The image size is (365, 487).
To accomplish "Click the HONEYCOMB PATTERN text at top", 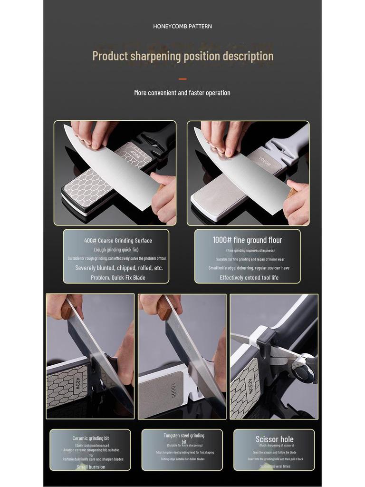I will coord(182,26).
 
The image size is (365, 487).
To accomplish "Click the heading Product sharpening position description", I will coord(182,56).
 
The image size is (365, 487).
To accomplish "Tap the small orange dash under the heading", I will coord(182,79).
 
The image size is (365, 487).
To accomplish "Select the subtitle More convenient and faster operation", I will coord(182,93).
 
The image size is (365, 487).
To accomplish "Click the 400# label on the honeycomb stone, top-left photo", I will coord(135,155).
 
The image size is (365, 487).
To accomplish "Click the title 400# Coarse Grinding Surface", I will coord(118,241).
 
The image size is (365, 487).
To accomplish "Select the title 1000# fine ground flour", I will coord(248,240).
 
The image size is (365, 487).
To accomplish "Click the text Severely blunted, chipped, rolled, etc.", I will coord(119,268).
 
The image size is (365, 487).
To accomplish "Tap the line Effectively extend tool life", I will coord(249,277).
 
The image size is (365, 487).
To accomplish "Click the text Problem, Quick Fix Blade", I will coord(118,277).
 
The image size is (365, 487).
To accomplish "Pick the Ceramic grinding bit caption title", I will coord(90,438).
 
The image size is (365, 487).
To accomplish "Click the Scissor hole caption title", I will coord(274,439).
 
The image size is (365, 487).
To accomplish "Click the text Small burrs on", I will coord(91,467).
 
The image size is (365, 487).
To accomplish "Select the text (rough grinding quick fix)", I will coord(116,250).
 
